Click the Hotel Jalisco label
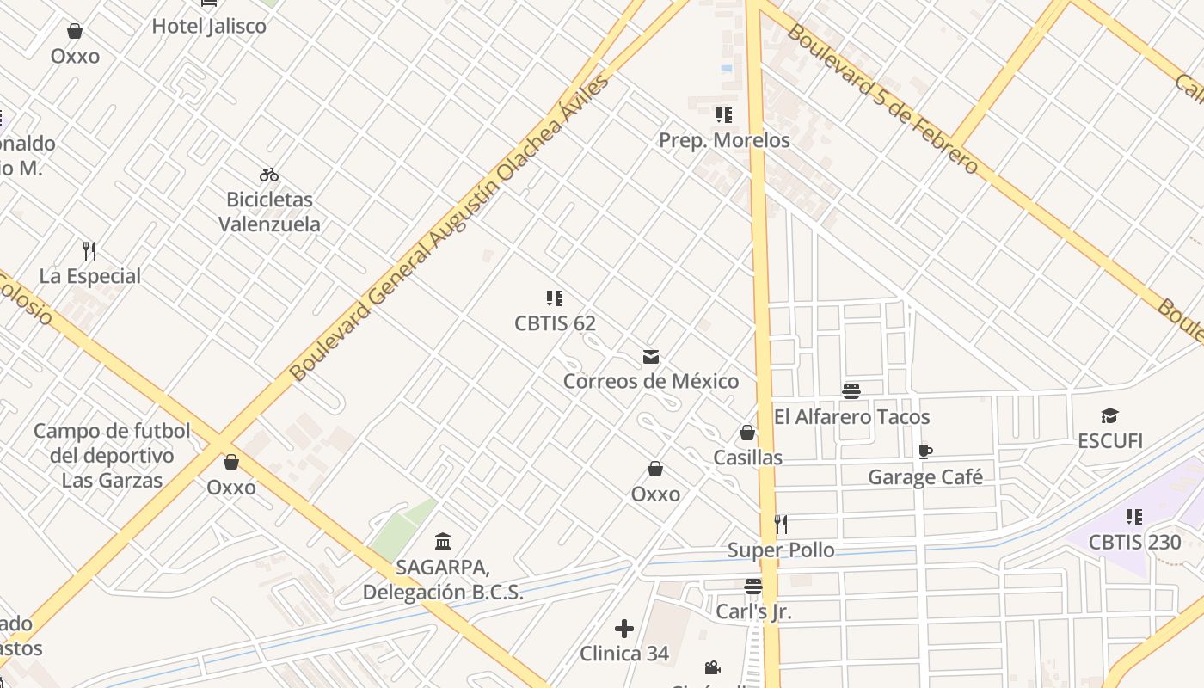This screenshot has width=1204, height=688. click(x=209, y=26)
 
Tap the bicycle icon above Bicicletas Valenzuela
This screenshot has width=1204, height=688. click(x=269, y=175)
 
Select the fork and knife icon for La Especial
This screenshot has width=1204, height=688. click(x=89, y=251)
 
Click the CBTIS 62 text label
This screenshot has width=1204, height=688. click(x=555, y=323)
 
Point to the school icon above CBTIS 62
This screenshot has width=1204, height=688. click(x=555, y=298)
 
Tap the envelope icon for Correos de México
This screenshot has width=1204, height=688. click(x=651, y=357)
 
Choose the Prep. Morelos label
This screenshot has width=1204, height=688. click(x=724, y=140)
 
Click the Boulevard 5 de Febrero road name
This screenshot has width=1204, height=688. click(x=882, y=99)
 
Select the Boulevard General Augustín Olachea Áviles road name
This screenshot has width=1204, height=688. click(x=450, y=228)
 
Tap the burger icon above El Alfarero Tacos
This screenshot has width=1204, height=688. click(x=851, y=392)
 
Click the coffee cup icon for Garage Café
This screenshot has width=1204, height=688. click(x=925, y=452)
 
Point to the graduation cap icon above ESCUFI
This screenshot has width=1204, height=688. click(x=1109, y=416)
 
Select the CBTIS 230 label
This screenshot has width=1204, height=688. click(x=1134, y=543)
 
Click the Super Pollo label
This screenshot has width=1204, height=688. click(x=781, y=550)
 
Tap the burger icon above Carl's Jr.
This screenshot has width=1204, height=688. click(x=753, y=587)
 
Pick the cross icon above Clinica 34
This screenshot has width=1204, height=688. click(x=624, y=629)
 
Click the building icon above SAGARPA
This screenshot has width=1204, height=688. click(x=443, y=541)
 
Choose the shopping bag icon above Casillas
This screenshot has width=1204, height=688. click(x=747, y=433)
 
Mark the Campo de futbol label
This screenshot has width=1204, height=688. click(x=112, y=455)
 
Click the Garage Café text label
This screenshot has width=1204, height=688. click(x=925, y=477)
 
